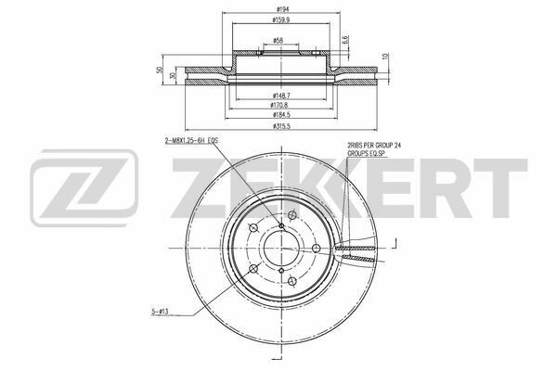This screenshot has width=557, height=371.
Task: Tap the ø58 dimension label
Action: click(278, 40)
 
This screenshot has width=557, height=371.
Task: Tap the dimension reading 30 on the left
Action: click(173, 77)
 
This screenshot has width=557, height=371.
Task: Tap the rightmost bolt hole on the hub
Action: click(317, 248)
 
